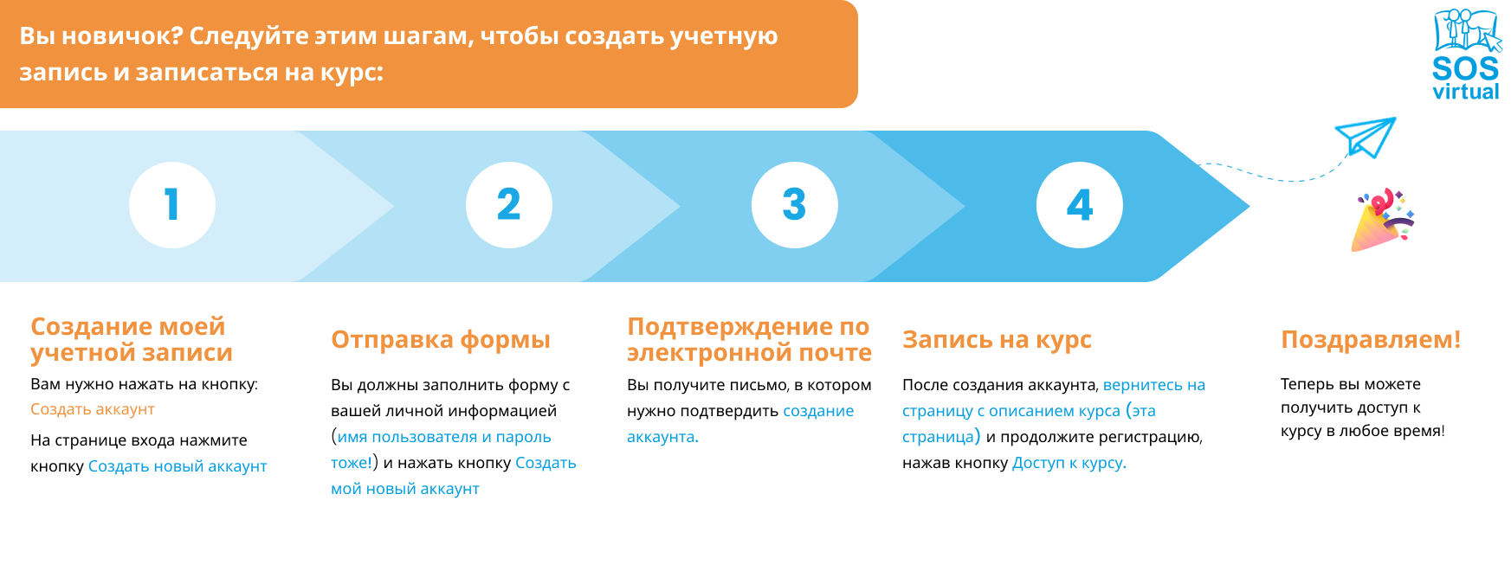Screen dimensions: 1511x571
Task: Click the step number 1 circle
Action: click(172, 205)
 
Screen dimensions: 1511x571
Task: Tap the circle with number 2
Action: click(509, 205)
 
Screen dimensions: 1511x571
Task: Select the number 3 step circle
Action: click(795, 205)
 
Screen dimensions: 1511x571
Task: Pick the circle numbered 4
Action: click(1080, 205)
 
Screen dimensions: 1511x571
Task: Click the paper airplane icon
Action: click(1366, 137)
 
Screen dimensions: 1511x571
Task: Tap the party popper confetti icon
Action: click(1382, 221)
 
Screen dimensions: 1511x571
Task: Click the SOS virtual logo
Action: click(1466, 55)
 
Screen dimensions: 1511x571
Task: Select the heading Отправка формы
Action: click(441, 339)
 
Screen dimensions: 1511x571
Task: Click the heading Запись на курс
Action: click(997, 339)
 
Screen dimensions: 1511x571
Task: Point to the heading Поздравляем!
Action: click(1371, 339)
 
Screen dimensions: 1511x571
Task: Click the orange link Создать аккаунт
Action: click(93, 409)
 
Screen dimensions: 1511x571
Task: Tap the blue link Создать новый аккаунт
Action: click(178, 466)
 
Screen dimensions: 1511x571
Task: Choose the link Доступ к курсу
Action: click(1068, 463)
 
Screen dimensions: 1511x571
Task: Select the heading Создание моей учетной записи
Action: click(132, 339)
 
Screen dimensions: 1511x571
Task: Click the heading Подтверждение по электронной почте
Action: click(749, 339)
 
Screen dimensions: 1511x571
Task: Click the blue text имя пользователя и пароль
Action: click(444, 437)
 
